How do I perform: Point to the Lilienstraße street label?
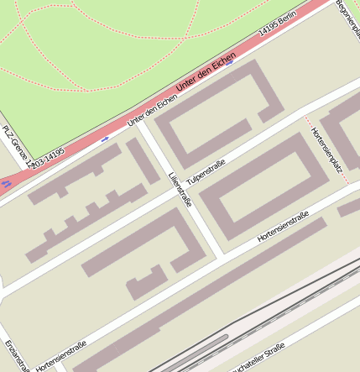[x=180, y=189]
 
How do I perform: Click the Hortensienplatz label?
[x=327, y=155]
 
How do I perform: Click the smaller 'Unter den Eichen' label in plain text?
[x=152, y=111]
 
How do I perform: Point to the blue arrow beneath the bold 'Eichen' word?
[x=229, y=63]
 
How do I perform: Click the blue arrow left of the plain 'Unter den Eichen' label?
[x=105, y=139]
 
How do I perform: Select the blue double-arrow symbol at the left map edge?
[x=6, y=182]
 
